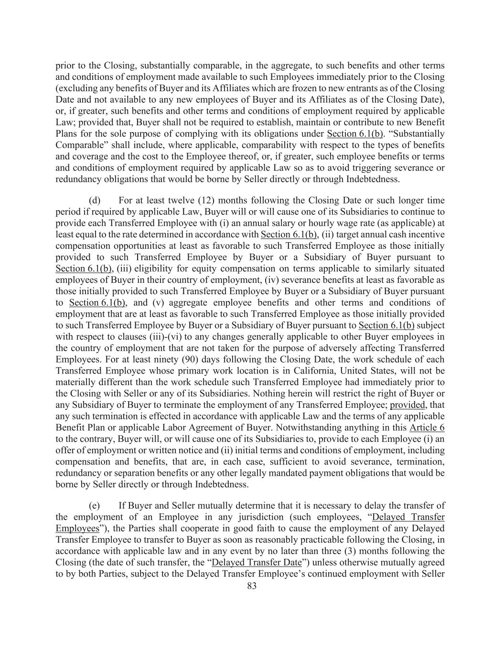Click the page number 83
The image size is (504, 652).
click(252, 586)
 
